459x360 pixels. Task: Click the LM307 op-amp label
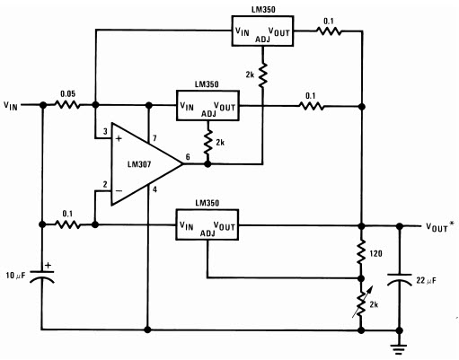139,164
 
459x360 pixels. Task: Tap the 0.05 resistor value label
68,94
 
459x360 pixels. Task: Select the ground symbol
399,348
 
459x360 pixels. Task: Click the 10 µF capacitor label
16,275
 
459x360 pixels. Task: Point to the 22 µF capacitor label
426,280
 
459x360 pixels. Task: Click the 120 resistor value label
375,253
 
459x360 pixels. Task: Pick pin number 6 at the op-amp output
188,157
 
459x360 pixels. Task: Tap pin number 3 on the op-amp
105,132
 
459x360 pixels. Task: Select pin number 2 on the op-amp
105,185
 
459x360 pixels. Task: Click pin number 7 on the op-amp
154,138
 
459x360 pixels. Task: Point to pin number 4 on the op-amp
154,189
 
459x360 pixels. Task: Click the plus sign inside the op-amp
119,138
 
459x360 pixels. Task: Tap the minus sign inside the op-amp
119,190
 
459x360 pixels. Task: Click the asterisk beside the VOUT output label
451,224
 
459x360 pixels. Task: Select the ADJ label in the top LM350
262,40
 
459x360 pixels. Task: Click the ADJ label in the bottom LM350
207,233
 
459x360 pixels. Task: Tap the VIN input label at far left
11,106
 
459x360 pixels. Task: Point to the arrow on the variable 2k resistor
363,302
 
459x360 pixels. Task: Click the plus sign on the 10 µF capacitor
48,265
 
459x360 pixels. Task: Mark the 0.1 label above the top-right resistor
329,22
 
